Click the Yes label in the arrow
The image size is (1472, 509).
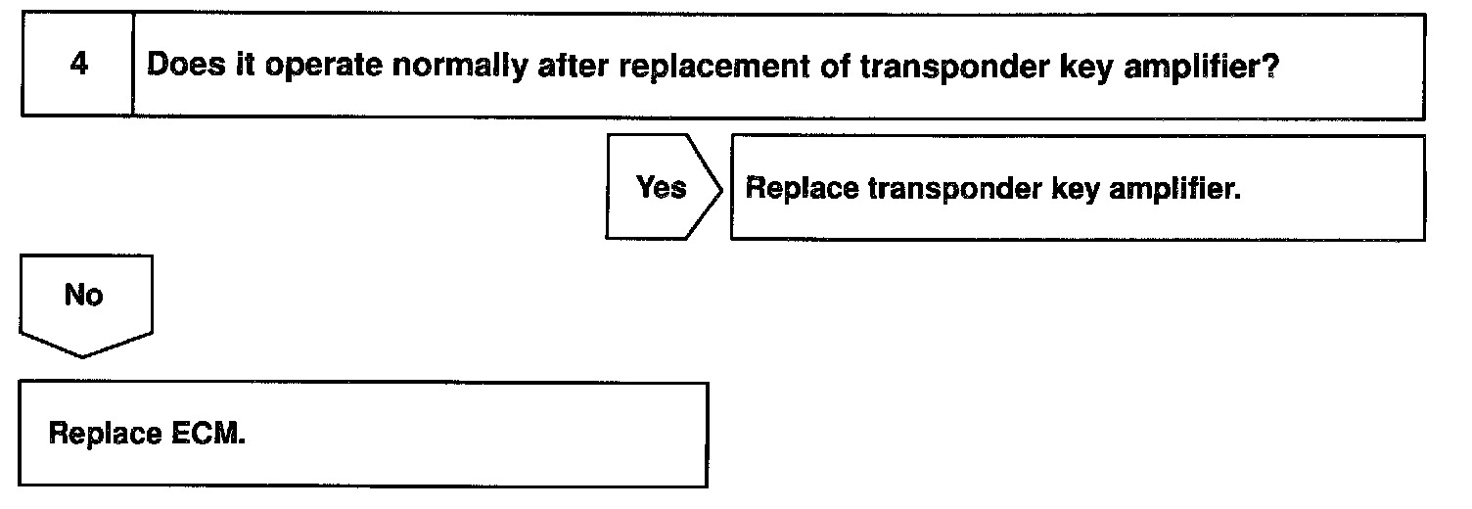(661, 187)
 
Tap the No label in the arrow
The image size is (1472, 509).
(84, 295)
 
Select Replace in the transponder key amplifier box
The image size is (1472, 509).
(801, 188)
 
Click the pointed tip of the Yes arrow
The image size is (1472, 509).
(721, 187)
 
